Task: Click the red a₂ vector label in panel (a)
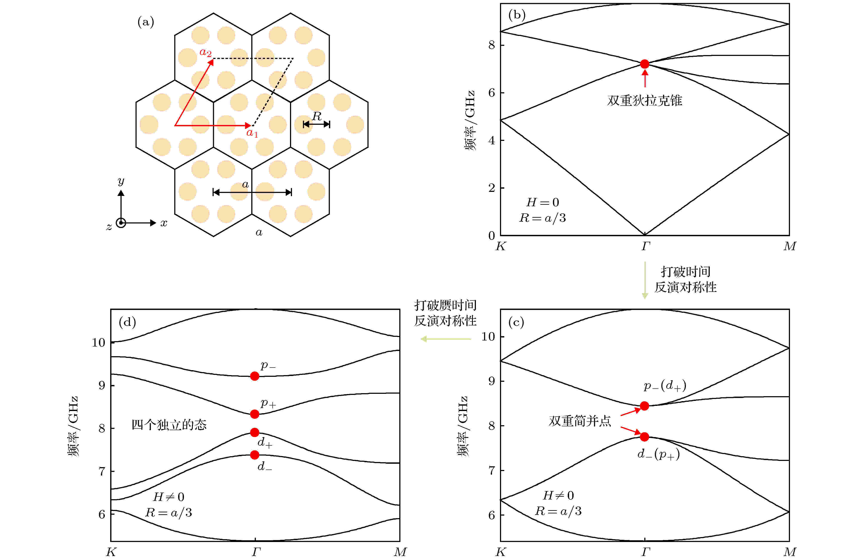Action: tap(205, 52)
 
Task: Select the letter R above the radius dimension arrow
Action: tap(316, 116)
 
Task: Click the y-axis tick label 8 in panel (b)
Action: tap(492, 45)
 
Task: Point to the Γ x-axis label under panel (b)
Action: tap(645, 246)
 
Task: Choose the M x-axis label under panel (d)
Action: tap(400, 552)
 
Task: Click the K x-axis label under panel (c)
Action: tap(500, 552)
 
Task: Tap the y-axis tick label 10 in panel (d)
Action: tap(98, 342)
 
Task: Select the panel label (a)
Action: tap(146, 22)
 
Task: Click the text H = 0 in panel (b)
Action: tap(543, 202)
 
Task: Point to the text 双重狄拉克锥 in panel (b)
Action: tap(645, 100)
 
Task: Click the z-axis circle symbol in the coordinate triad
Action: tap(121, 223)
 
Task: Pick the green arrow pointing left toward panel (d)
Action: tap(446, 339)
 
